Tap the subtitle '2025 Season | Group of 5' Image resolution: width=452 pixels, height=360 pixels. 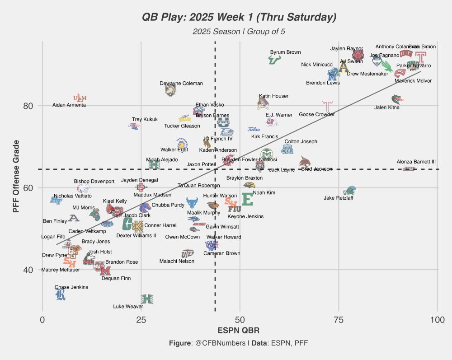pyautogui.click(x=239, y=32)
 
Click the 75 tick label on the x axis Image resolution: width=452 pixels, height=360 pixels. pyautogui.click(x=339, y=320)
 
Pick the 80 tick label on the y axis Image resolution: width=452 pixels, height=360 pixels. pyautogui.click(x=28, y=106)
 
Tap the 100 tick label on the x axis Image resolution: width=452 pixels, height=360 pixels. pyautogui.click(x=437, y=320)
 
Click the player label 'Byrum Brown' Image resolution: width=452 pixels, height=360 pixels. pyautogui.click(x=285, y=52)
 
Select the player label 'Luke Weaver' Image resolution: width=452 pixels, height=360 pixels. pyautogui.click(x=128, y=306)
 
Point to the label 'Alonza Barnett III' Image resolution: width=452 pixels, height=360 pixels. pyautogui.click(x=416, y=162)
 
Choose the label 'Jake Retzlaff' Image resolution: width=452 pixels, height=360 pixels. pyautogui.click(x=339, y=198)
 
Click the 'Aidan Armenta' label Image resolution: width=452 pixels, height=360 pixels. pyautogui.click(x=69, y=105)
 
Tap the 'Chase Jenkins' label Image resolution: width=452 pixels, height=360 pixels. pyautogui.click(x=71, y=287)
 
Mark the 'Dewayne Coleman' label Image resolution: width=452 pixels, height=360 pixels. pyautogui.click(x=181, y=84)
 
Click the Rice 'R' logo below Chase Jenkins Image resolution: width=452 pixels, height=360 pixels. pyautogui.click(x=60, y=295)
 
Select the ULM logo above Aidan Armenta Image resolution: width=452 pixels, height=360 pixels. pyautogui.click(x=80, y=98)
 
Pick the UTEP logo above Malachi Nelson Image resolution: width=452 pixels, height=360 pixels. pyautogui.click(x=188, y=254)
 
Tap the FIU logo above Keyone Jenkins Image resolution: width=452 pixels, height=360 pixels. pyautogui.click(x=234, y=209)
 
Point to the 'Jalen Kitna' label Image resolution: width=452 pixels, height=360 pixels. pyautogui.click(x=387, y=108)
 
